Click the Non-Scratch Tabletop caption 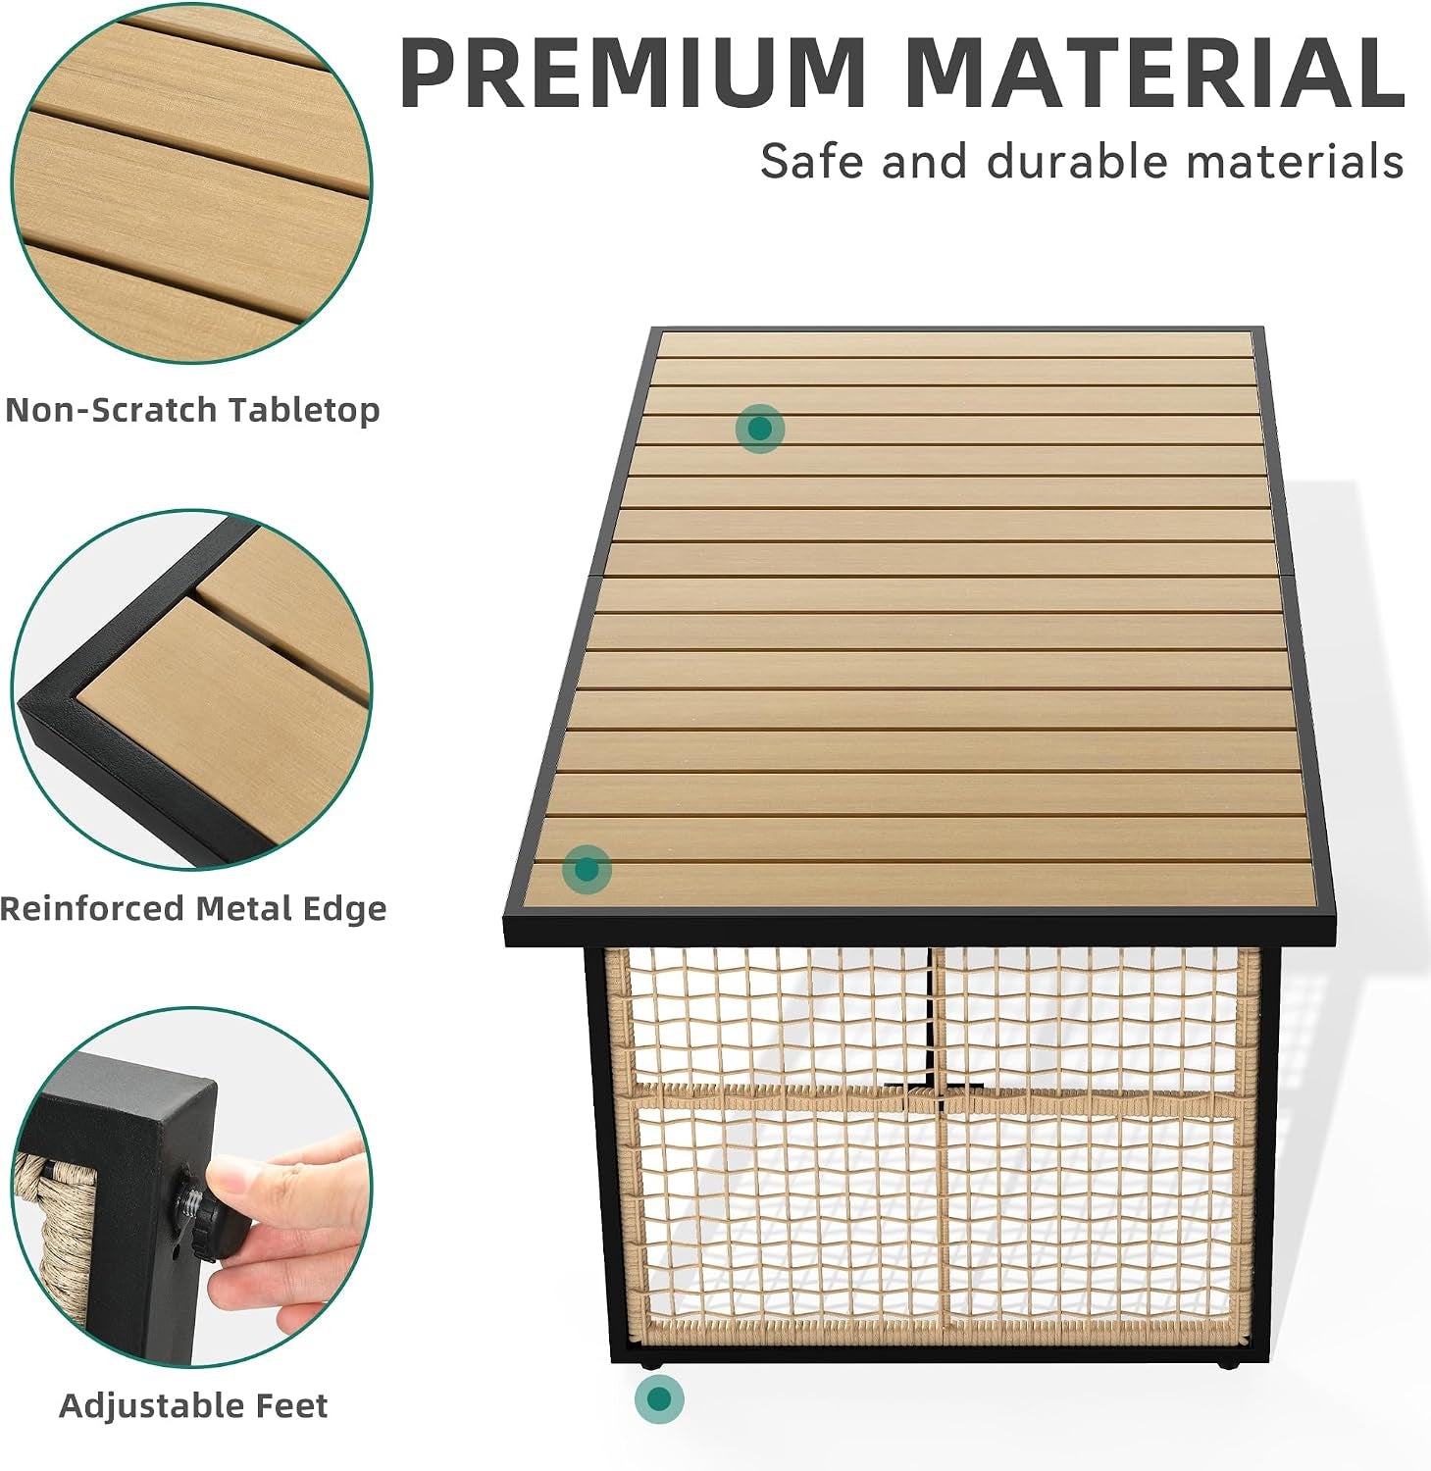point(192,409)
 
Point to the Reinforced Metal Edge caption point(193,908)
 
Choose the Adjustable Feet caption point(193,1405)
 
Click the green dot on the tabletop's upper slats point(759,429)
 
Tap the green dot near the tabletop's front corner point(587,869)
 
